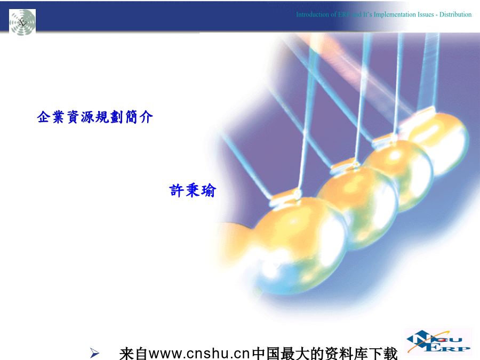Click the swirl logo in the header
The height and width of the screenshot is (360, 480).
tap(22, 22)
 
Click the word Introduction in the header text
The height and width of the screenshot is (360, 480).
tap(312, 14)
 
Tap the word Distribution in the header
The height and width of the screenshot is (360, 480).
tap(455, 14)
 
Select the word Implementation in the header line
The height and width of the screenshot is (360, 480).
tap(395, 15)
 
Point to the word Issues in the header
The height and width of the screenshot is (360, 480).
tap(426, 14)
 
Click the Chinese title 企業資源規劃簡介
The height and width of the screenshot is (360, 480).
tap(95, 117)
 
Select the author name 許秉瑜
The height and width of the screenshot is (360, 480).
tap(193, 190)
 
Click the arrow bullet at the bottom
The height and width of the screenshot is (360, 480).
tap(94, 353)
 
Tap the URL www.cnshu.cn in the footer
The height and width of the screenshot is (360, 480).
tap(199, 354)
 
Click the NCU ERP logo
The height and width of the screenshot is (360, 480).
tap(438, 341)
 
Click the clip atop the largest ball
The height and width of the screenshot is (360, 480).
tap(285, 197)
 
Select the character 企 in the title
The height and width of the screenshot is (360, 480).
tap(44, 117)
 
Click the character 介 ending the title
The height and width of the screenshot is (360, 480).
tap(146, 117)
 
